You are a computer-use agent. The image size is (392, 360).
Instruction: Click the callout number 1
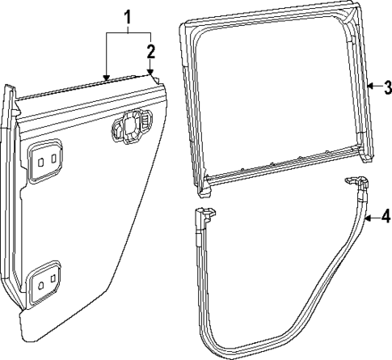coord(127,15)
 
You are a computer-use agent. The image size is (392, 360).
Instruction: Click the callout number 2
coord(150,52)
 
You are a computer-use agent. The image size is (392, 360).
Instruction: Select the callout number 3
coord(386,87)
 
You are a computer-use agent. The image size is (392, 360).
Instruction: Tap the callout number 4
coord(386,216)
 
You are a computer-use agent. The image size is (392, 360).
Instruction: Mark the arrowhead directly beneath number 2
coord(150,74)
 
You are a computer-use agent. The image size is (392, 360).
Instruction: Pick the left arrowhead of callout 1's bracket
coord(105,77)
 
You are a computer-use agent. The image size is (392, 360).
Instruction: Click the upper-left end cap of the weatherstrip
coord(204,216)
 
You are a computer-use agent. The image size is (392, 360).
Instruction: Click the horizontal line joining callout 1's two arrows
coord(128,32)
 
